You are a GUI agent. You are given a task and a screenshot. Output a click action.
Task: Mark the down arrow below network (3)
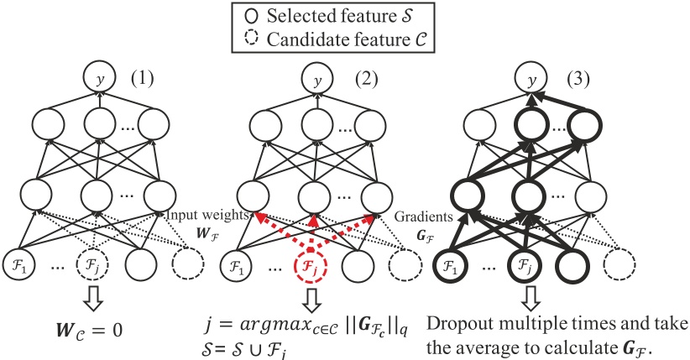pos(526,303)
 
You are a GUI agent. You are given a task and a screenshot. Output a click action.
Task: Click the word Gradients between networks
pos(416,213)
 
